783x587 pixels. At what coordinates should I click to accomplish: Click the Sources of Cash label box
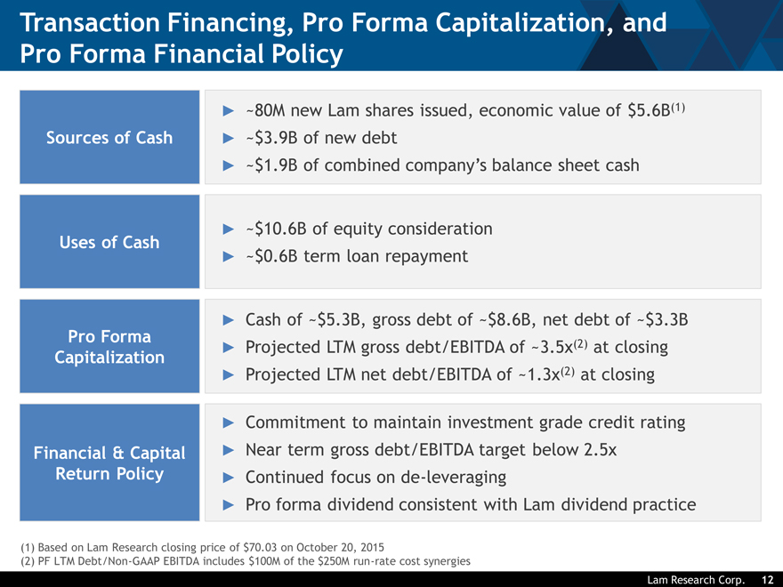109,137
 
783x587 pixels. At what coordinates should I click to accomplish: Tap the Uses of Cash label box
109,242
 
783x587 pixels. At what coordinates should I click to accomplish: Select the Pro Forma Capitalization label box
109,346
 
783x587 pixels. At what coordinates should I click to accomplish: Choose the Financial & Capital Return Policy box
109,462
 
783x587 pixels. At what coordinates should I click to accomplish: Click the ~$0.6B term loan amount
271,256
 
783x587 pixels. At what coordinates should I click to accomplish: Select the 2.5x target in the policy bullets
601,450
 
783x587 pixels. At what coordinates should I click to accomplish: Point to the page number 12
768,580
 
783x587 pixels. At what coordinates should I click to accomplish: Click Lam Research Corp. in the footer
696,580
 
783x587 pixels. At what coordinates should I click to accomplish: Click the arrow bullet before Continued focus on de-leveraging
228,478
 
